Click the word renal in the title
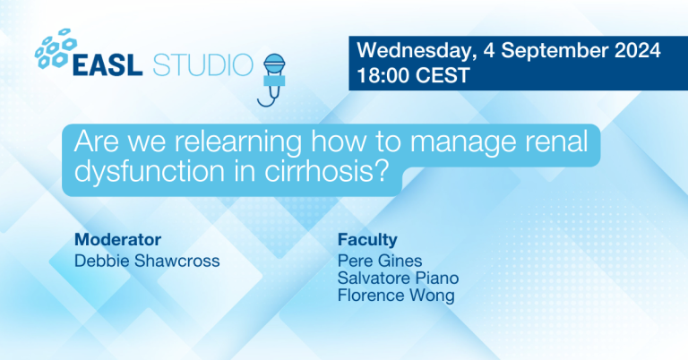click(558, 141)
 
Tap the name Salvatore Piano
click(398, 278)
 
